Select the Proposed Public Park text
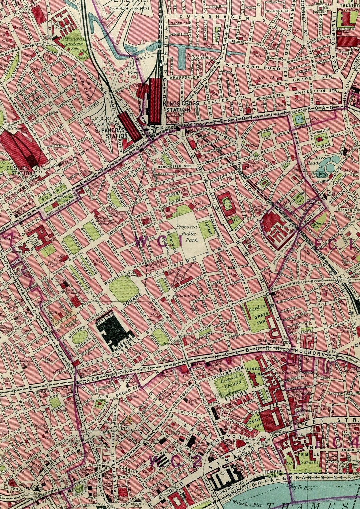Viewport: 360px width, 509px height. click(187, 233)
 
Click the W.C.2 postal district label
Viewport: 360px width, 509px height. click(175, 461)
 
